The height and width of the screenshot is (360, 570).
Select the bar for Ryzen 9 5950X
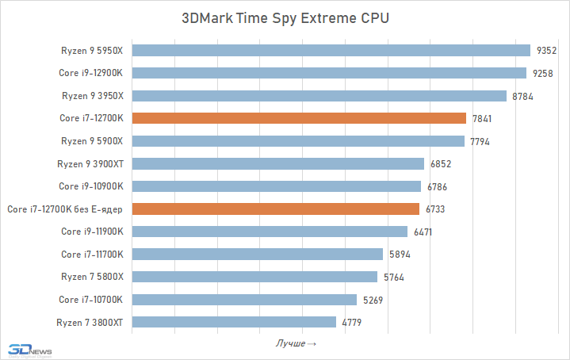click(x=331, y=51)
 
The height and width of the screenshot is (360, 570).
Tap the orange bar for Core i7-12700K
click(x=299, y=118)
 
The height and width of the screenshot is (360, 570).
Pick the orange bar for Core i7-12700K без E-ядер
click(x=276, y=209)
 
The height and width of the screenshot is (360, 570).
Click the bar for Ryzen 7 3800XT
click(x=234, y=323)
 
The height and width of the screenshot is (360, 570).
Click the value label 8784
click(x=522, y=96)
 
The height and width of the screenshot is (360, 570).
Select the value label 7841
click(x=482, y=119)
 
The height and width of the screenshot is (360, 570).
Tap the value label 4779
click(x=352, y=323)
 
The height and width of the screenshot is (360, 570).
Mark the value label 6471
click(x=423, y=232)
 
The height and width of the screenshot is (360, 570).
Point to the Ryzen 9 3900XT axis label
click(x=91, y=164)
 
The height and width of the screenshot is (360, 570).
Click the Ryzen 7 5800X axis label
click(x=94, y=278)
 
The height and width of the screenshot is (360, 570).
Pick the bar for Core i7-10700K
click(x=244, y=300)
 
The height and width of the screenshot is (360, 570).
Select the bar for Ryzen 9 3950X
click(x=319, y=96)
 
